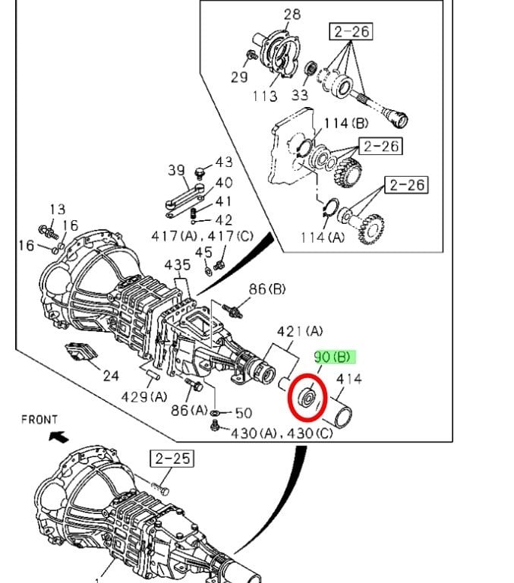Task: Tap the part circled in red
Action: click(x=307, y=397)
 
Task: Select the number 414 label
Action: click(x=348, y=380)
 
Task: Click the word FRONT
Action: click(x=39, y=419)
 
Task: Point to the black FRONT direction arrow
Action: click(x=56, y=436)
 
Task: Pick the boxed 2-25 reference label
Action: click(x=172, y=459)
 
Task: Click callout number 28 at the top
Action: click(x=292, y=14)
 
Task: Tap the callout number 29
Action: click(x=240, y=77)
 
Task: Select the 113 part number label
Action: click(x=265, y=96)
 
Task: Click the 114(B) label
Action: click(x=346, y=123)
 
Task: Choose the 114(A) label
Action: click(x=323, y=236)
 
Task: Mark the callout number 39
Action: click(x=177, y=170)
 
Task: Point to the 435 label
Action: click(x=178, y=265)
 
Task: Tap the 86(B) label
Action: click(x=266, y=289)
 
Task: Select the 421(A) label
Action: click(x=300, y=332)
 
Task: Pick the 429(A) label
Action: click(x=144, y=396)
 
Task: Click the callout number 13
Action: click(x=58, y=210)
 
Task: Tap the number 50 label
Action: click(x=243, y=413)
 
